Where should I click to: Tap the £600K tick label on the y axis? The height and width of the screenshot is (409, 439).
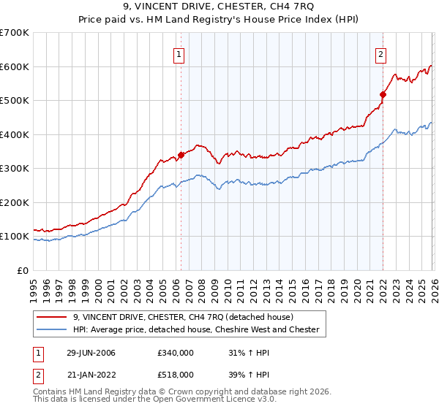coord(15,66)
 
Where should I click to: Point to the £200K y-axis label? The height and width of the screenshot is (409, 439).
coord(15,202)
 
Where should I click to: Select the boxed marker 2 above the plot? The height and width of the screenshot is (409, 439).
coord(381,53)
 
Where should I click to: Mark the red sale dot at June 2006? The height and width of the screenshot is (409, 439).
coord(181,155)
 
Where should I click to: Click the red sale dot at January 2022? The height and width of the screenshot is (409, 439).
coord(382,94)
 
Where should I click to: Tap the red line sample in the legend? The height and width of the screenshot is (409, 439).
coord(52,317)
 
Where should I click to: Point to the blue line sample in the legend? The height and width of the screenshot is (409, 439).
coord(52,329)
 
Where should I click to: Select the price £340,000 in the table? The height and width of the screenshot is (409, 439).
coord(175,353)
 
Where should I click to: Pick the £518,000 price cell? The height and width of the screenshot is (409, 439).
coord(175,374)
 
